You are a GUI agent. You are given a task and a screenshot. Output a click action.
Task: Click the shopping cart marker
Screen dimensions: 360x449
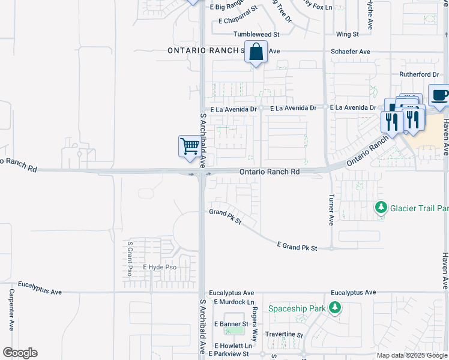190,146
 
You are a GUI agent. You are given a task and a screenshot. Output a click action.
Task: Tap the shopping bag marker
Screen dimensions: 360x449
256,52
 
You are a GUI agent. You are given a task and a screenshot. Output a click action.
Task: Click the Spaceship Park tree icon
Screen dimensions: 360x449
335,308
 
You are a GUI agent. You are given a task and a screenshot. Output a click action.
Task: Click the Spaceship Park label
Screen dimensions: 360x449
297,308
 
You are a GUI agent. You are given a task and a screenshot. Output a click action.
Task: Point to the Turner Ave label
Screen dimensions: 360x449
331,209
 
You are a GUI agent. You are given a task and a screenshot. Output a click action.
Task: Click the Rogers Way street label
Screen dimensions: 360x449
255,325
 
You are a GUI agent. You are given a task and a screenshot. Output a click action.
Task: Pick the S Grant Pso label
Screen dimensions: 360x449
130,259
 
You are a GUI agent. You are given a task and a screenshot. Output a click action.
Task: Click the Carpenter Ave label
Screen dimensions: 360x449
11,310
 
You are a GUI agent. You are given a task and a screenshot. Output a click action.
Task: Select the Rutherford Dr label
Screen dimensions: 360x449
420,74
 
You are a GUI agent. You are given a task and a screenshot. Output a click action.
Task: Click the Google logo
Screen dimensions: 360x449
20,353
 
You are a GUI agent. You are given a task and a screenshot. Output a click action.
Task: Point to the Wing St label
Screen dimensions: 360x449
348,35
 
